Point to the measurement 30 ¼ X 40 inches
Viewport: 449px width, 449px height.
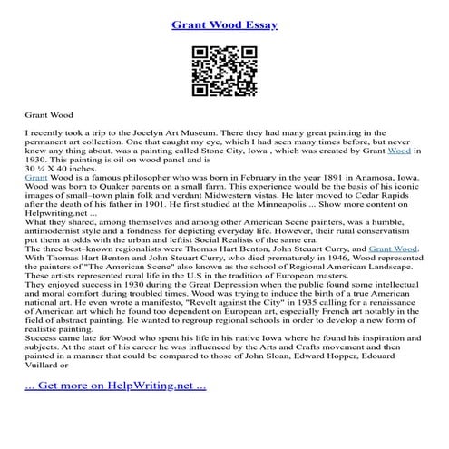pyautogui.click(x=60, y=170)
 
